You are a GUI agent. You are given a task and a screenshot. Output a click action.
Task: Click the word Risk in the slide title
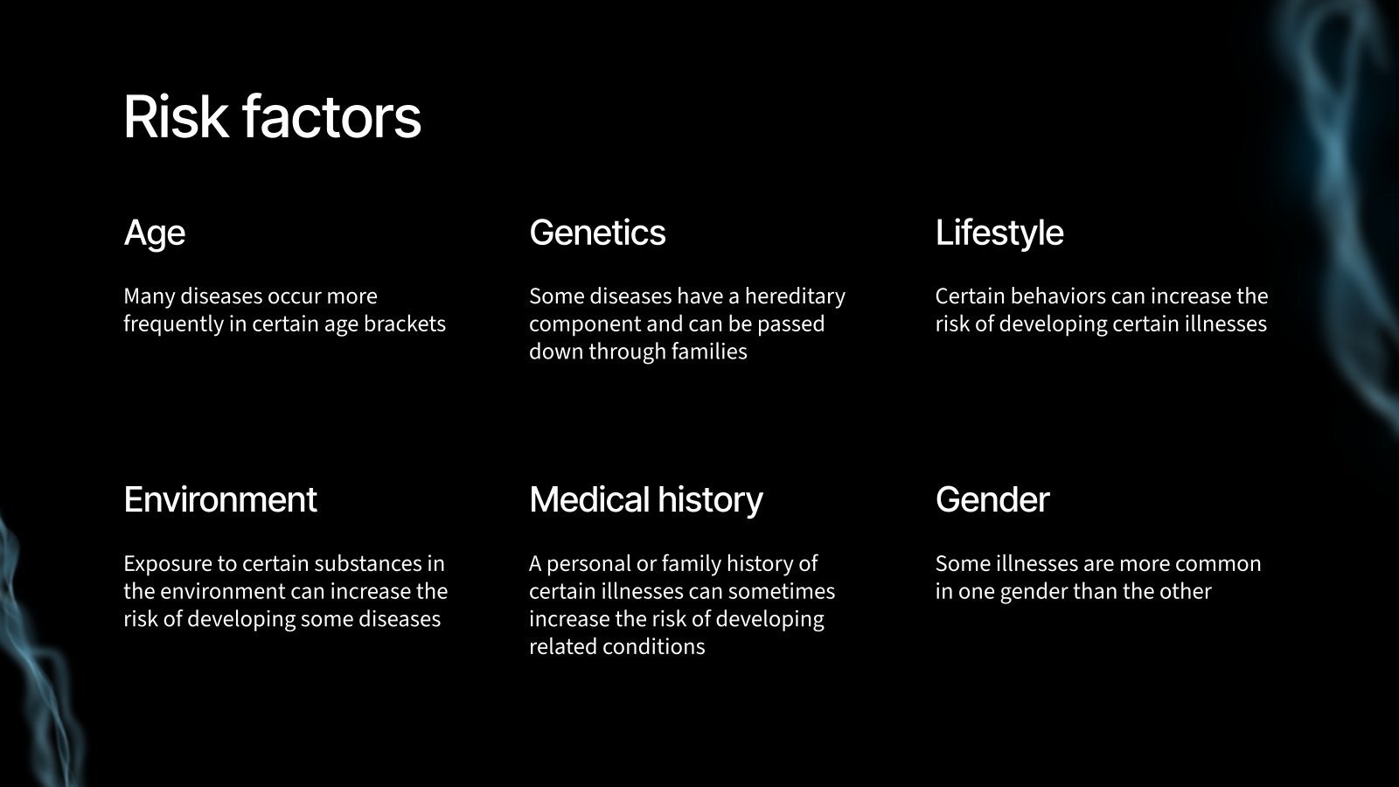coord(175,116)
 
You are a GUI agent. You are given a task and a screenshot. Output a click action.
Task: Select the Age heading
coord(155,233)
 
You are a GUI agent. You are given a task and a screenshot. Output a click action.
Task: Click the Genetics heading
coord(597,233)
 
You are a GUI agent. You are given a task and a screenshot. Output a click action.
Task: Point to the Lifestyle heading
coord(999,233)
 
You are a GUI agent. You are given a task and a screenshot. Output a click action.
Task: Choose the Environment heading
coord(220,499)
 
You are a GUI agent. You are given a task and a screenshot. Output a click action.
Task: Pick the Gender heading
coord(992,499)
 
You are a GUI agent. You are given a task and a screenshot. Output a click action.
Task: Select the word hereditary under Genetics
coord(795,296)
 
